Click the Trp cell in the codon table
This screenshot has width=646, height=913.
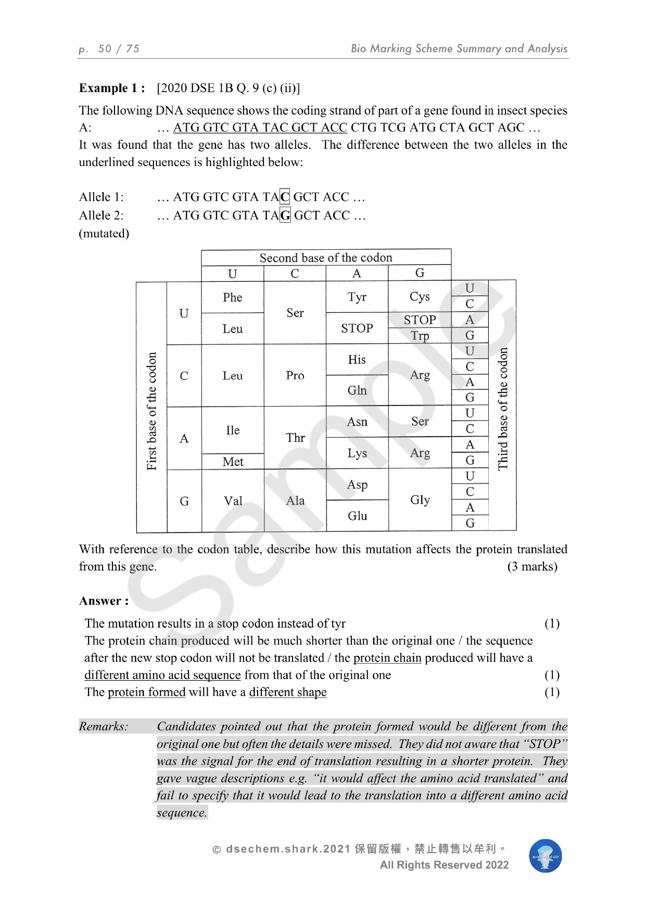tap(420, 336)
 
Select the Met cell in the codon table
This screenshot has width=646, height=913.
tap(233, 462)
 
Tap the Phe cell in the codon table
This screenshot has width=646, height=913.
tap(233, 297)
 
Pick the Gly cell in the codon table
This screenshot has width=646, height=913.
tap(420, 500)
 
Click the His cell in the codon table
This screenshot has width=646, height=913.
tap(357, 360)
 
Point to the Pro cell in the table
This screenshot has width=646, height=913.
tap(295, 375)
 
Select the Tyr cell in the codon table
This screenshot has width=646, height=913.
tap(357, 297)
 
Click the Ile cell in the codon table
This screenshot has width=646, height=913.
tap(233, 430)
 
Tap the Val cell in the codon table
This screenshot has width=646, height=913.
tap(233, 501)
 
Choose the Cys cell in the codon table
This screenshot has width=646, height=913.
tap(420, 297)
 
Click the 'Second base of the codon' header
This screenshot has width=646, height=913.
tap(326, 258)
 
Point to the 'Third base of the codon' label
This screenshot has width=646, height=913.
tap(503, 409)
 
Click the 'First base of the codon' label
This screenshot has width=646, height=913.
tap(151, 411)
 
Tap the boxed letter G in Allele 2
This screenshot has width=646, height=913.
tap(285, 215)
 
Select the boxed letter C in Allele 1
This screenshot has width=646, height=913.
tap(285, 197)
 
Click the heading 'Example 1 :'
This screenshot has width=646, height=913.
tap(112, 88)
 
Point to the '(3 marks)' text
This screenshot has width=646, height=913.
tap(532, 566)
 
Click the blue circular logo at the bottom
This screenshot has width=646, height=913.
tap(546, 856)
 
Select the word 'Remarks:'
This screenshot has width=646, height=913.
tap(104, 726)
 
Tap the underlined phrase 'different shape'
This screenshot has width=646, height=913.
tap(288, 692)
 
